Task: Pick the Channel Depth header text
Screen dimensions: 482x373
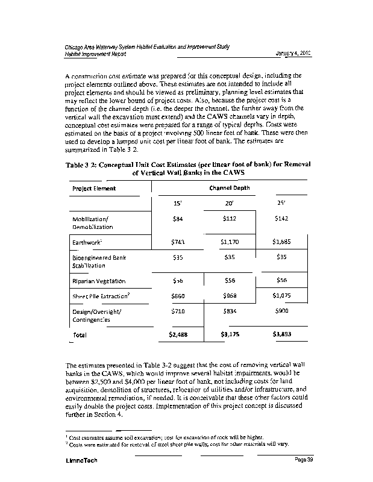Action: [228, 187]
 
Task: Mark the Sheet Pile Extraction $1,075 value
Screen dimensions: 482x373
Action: [281, 296]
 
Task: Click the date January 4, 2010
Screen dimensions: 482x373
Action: [292, 54]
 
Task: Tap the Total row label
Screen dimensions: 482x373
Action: [80, 334]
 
